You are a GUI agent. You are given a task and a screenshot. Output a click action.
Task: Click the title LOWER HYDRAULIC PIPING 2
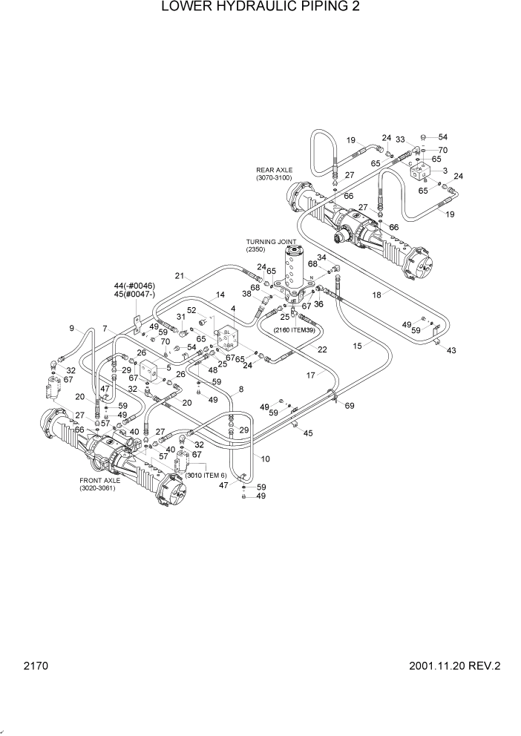tap(260, 9)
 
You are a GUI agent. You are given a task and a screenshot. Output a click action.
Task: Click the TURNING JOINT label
tap(272, 242)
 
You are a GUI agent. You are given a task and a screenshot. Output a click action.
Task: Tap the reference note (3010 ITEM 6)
tap(206, 475)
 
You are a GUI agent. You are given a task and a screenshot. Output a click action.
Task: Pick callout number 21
tap(179, 276)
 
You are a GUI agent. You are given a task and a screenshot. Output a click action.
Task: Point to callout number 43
tap(452, 350)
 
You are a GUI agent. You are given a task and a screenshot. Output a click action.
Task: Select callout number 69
tap(350, 405)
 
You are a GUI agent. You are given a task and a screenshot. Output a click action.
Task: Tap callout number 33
tap(400, 139)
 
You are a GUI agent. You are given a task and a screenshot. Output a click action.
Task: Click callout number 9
tap(72, 329)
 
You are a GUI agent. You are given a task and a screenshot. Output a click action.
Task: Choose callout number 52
tap(191, 310)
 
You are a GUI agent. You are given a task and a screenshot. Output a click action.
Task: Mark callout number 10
tap(266, 459)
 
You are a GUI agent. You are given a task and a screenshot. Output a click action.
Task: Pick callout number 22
tap(322, 349)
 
